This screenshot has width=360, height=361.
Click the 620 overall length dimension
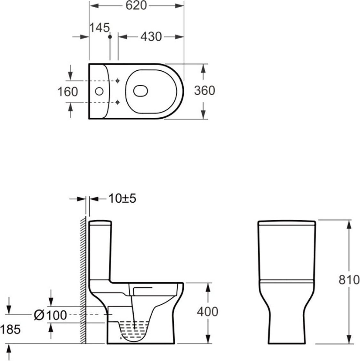(x=136, y=5)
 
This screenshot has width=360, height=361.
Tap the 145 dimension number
(x=99, y=27)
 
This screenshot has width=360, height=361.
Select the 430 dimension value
(x=151, y=36)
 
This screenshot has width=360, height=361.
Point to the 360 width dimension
(x=204, y=90)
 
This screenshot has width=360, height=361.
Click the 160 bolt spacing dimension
(x=68, y=92)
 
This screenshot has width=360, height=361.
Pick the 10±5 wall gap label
(x=122, y=198)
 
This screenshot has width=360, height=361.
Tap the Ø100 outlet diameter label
(x=51, y=315)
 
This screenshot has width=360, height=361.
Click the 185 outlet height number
(x=10, y=329)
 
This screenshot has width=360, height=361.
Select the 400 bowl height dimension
(x=207, y=312)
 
